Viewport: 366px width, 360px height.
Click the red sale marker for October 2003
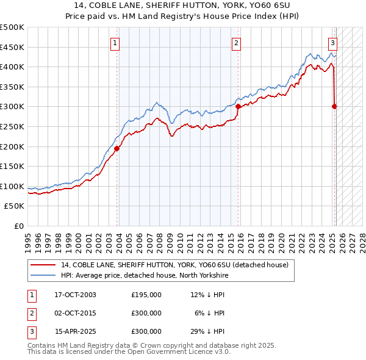[117, 148]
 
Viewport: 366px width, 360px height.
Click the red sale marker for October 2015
[238, 106]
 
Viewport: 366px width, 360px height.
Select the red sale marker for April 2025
[334, 106]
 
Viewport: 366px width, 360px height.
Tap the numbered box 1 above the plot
[115, 43]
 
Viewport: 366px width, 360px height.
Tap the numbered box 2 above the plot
[236, 43]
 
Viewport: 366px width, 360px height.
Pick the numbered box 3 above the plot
[332, 43]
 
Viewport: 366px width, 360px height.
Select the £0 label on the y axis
[19, 226]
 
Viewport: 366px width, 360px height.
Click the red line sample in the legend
[43, 265]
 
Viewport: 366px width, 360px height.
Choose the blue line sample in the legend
[43, 275]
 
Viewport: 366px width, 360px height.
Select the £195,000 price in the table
[146, 295]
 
